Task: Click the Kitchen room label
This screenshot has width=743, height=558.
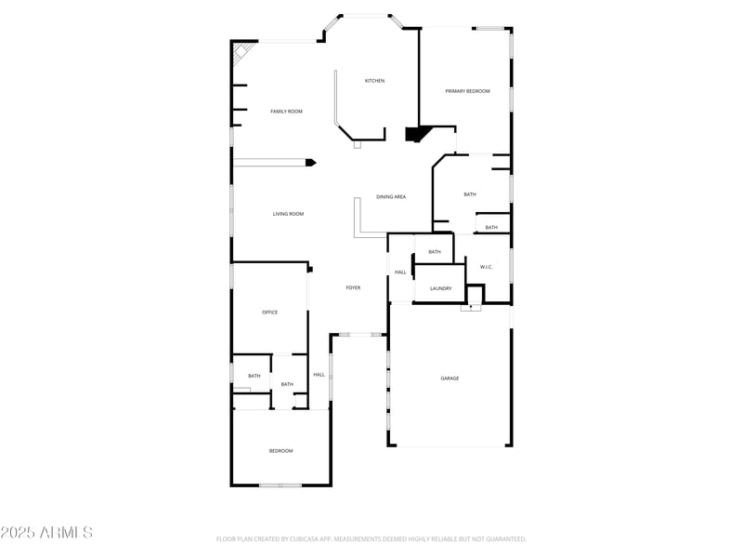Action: pos(374,81)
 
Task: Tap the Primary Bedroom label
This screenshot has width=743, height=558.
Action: pos(467,91)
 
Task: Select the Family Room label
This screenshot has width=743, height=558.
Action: pos(286,112)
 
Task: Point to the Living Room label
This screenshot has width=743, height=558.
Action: pos(288,214)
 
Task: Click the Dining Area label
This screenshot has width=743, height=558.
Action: pos(391,197)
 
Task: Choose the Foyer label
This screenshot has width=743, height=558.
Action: pos(353,288)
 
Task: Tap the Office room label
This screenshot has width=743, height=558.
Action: pos(269,312)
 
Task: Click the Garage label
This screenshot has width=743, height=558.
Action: pos(450,379)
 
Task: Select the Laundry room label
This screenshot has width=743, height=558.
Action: pos(440,288)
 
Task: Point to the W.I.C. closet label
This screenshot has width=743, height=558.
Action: pos(486,268)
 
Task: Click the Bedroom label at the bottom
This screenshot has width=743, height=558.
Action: pos(280,451)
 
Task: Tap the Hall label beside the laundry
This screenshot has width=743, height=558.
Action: pos(400,272)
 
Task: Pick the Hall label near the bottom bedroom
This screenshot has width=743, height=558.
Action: pos(319,375)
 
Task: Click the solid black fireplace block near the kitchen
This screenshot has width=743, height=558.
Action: pos(414,135)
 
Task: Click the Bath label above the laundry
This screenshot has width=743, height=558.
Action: pos(434,252)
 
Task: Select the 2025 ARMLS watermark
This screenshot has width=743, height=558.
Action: pos(46,533)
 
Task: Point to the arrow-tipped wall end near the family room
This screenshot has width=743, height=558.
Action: pos(310,163)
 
